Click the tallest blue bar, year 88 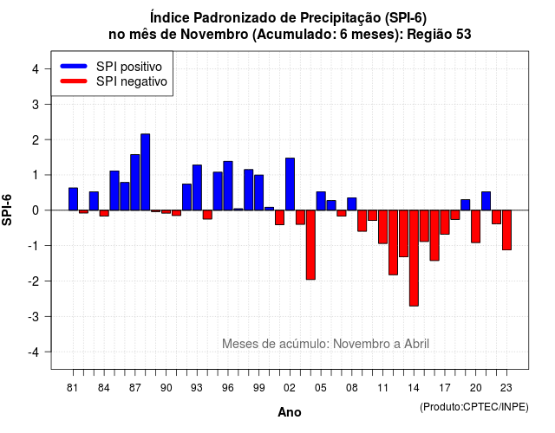click(145, 172)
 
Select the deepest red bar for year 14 click(414, 258)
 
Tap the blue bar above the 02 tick click(290, 184)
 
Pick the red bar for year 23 click(506, 230)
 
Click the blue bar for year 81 click(73, 199)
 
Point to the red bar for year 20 click(476, 227)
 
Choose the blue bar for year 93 click(197, 188)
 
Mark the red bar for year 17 click(445, 223)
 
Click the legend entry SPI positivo click(129, 67)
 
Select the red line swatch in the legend click(74, 81)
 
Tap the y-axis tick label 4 click(36, 69)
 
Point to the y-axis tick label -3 click(33, 316)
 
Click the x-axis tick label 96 click(228, 388)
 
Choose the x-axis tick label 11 click(382, 388)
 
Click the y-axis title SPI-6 click(7, 210)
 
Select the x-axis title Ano click(290, 412)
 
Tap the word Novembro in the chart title click(214, 35)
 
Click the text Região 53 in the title click(439, 35)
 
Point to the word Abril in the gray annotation click(416, 344)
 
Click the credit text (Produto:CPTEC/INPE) click(474, 407)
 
